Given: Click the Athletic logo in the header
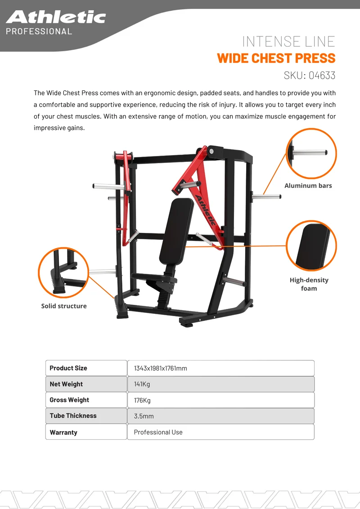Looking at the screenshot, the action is point(56,17).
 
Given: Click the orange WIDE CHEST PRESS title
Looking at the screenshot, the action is point(276,58).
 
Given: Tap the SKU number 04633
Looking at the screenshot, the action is point(322,75).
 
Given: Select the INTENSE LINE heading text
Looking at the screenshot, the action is point(288,41).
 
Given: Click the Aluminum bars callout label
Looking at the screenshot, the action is point(308,186).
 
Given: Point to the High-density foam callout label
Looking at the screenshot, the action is point(309,284).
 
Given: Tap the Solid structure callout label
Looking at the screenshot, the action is point(64,306).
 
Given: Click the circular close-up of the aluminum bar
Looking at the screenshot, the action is point(311,153).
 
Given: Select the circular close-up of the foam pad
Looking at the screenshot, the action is point(311,246).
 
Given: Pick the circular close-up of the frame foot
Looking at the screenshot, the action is point(63,272).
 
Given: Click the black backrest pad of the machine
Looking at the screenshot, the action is point(176,231).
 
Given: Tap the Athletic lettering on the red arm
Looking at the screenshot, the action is point(205,210).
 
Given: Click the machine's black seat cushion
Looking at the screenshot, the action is point(154,277).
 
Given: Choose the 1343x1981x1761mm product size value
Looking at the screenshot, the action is point(161,368).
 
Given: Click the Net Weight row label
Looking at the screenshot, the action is point(66,384).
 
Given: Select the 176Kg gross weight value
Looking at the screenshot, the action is point(142,400).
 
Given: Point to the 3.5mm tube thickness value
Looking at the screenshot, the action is point(144,416).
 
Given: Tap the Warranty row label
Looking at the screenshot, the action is point(63,433).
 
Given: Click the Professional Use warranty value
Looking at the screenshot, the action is point(158,432).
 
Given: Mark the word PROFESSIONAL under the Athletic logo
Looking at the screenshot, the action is point(39,31).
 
